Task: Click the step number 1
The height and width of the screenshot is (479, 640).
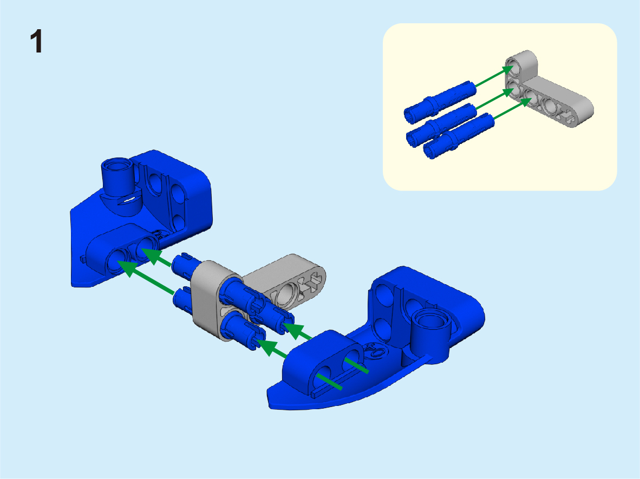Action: [36, 42]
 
